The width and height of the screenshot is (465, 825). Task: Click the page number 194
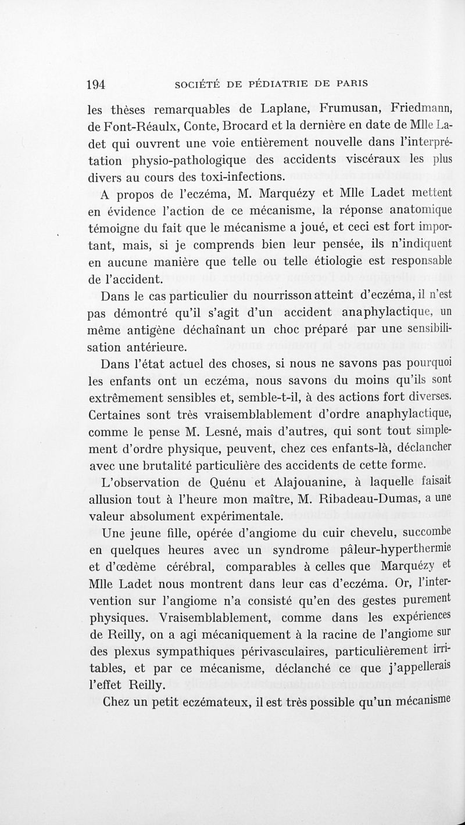pyautogui.click(x=95, y=85)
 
